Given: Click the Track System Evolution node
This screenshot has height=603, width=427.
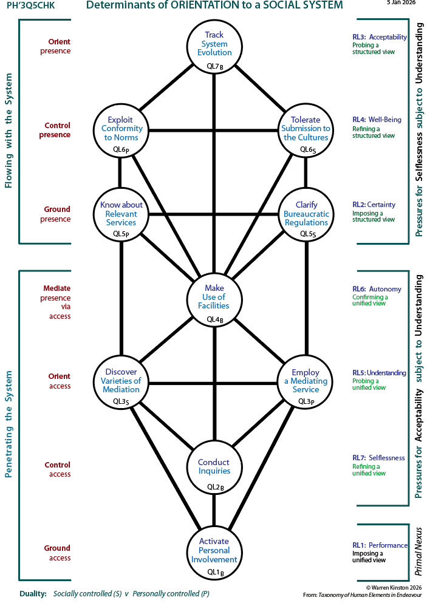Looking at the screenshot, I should point(214,47).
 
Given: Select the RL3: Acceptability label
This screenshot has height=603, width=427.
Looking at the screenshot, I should point(380,37).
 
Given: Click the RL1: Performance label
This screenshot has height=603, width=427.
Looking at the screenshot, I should point(380,545).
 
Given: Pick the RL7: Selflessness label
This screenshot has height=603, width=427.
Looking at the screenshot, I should point(378,458).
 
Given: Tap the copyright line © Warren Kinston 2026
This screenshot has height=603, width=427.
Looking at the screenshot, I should point(394,587).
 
